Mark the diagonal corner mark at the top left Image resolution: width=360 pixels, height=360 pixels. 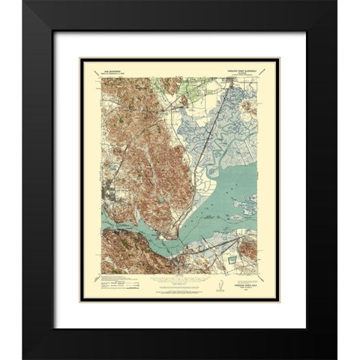click(97, 71)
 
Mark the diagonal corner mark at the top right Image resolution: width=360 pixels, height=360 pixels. click(263, 71)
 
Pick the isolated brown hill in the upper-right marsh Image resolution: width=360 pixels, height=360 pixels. click(251, 110)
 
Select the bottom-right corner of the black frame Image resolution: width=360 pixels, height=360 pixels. click(337, 358)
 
